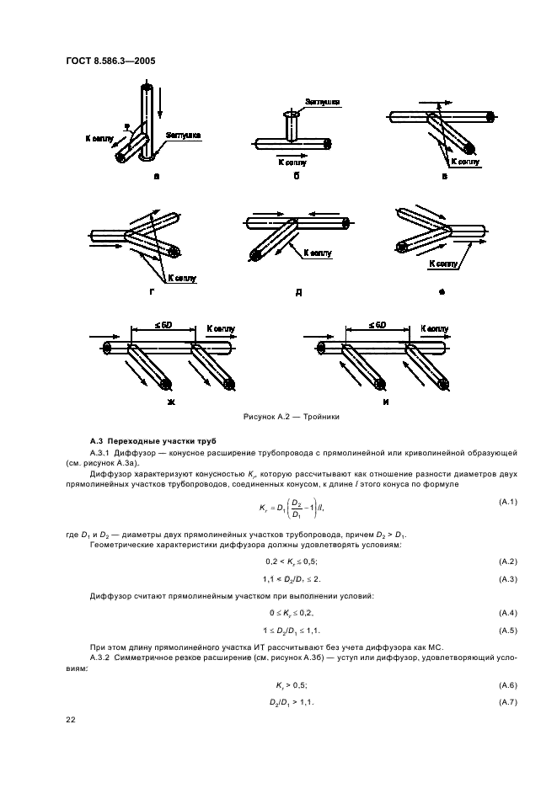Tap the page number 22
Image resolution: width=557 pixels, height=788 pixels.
point(70,718)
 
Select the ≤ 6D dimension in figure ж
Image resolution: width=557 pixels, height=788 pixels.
point(164,325)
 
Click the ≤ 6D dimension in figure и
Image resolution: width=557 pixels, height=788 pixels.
point(377,325)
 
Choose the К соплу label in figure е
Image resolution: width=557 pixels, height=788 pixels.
point(443,264)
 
